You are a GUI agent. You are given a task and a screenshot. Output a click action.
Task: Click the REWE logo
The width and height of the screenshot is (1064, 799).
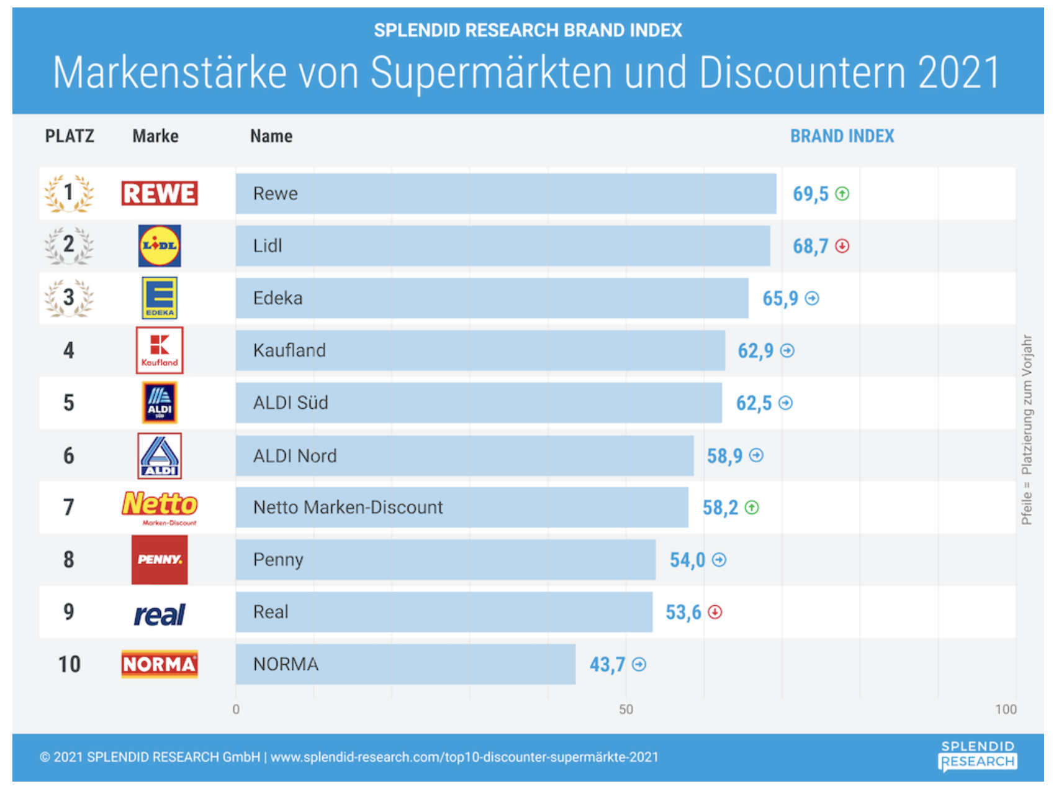point(160,193)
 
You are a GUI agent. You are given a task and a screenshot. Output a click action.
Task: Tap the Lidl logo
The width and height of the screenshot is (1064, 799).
point(160,246)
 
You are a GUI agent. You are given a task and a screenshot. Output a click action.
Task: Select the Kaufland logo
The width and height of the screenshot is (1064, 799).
point(160,350)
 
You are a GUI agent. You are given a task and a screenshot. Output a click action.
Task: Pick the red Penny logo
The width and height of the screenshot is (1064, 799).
point(160,560)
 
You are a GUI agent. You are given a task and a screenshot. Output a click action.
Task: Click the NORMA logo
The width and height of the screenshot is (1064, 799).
point(160,664)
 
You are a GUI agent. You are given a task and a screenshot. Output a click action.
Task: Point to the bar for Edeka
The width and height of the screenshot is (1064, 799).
point(492,298)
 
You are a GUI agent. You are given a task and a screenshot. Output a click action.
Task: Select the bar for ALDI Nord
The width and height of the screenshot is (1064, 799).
point(464,455)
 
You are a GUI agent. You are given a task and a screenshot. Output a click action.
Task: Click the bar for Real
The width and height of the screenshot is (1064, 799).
point(444,612)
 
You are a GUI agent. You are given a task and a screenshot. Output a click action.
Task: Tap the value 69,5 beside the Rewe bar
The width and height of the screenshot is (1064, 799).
point(810,194)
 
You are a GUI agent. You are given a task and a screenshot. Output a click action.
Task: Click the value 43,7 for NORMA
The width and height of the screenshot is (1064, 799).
point(607,665)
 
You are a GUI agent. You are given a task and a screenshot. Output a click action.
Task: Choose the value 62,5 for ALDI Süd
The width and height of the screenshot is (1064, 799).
point(754,403)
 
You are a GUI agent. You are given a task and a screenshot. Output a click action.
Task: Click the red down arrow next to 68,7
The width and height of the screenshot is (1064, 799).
point(842,246)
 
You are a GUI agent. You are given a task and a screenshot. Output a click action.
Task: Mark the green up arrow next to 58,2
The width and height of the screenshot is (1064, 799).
point(752,508)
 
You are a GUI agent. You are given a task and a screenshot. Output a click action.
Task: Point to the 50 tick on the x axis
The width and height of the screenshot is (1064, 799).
point(626,710)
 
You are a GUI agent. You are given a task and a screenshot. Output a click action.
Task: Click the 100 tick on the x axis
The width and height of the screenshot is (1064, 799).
point(1006,710)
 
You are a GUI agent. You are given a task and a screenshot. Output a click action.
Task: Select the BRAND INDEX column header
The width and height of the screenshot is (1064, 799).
point(842,136)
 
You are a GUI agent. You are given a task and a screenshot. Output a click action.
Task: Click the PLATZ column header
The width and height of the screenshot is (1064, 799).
point(70,136)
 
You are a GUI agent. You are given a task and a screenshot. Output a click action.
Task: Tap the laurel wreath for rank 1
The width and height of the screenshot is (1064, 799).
point(69,193)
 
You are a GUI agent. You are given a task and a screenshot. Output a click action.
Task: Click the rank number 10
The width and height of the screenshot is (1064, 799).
point(69,664)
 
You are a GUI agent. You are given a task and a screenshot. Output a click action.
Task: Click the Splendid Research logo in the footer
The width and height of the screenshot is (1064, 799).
point(978,756)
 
